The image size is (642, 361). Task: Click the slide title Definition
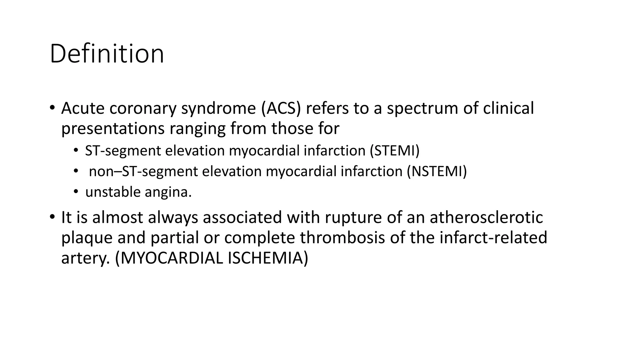(107, 54)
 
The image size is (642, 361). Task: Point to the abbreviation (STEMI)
(394, 151)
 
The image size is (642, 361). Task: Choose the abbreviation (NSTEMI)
(437, 171)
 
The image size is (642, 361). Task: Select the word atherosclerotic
(486, 217)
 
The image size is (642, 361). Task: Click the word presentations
(113, 128)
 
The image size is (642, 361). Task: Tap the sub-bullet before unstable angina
(76, 192)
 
